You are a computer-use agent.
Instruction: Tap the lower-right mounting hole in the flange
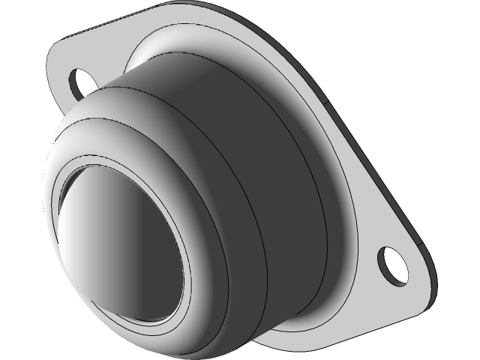(393, 265)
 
